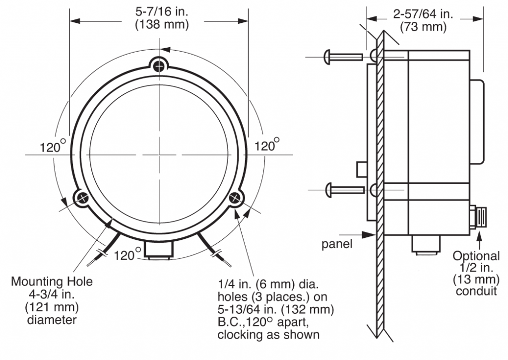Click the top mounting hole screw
pyautogui.click(x=159, y=66)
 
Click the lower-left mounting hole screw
pyautogui.click(x=83, y=198)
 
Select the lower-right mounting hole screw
pyautogui.click(x=235, y=197)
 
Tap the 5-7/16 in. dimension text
pyautogui.click(x=162, y=12)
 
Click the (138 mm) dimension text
pyautogui.click(x=162, y=25)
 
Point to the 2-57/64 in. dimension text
pyautogui.click(x=423, y=14)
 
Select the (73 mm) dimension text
pyautogui.click(x=423, y=27)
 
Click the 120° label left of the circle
pyautogui.click(x=53, y=146)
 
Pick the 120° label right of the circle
pyautogui.click(x=267, y=145)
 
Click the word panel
pyautogui.click(x=337, y=244)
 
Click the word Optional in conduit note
pyautogui.click(x=476, y=256)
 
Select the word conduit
pyautogui.click(x=476, y=291)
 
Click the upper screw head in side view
pyautogui.click(x=327, y=57)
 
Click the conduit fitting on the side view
pyautogui.click(x=478, y=216)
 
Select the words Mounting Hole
pyautogui.click(x=52, y=281)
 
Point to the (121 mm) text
pyautogui.click(x=52, y=307)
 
